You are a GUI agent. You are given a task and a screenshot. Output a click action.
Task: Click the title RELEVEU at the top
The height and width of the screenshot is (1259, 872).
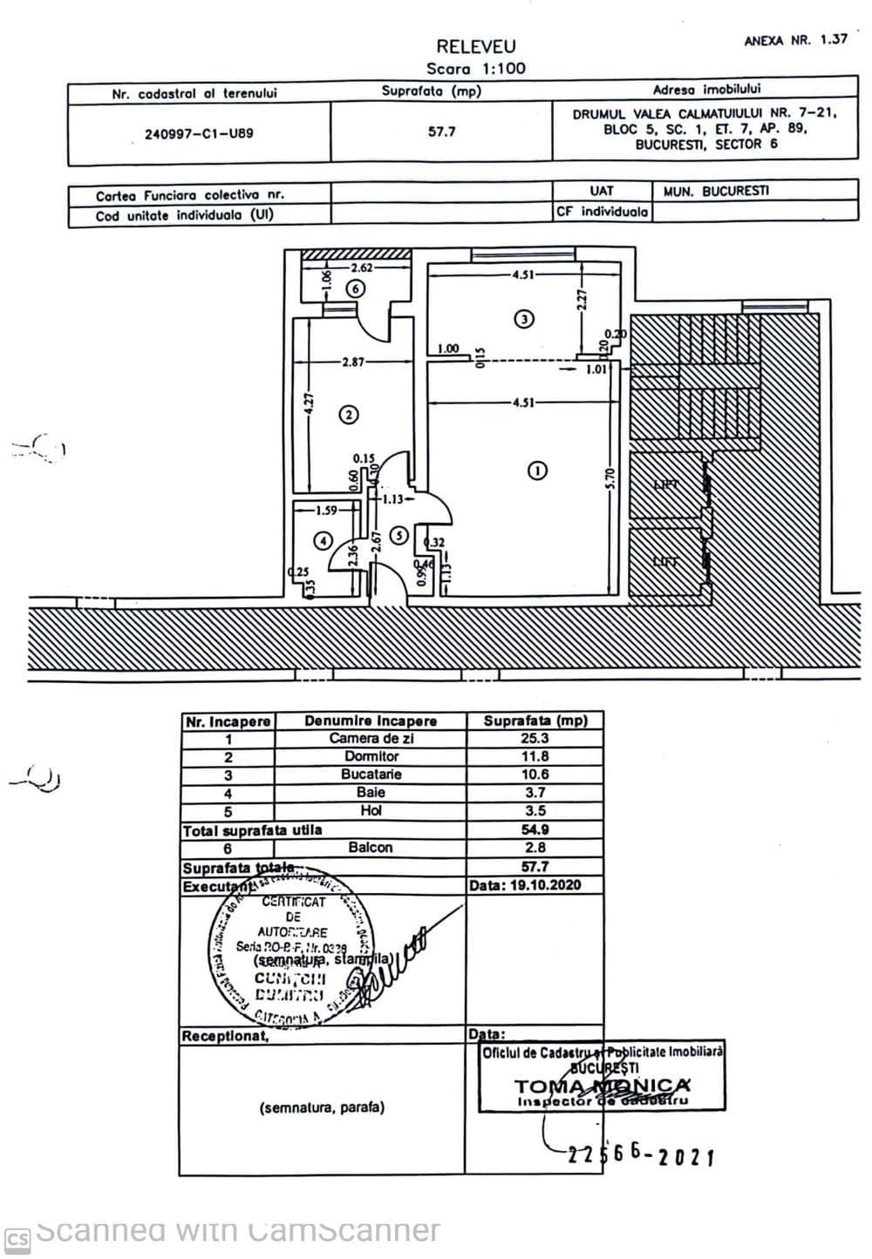pyautogui.click(x=475, y=47)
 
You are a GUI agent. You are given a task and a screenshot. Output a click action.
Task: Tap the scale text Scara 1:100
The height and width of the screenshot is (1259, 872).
pyautogui.click(x=475, y=69)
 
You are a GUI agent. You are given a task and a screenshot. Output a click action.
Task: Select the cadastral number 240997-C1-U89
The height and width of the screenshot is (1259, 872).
pyautogui.click(x=199, y=134)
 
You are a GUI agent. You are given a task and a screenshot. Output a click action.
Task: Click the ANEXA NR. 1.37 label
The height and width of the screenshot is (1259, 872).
pyautogui.click(x=795, y=40)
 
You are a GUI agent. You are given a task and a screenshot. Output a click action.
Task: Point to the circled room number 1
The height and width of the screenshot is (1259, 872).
pyautogui.click(x=538, y=470)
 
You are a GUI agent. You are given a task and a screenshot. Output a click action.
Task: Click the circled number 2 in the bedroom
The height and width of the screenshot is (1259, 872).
pyautogui.click(x=348, y=415)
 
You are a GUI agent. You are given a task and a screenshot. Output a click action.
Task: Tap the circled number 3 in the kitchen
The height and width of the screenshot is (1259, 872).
pyautogui.click(x=523, y=318)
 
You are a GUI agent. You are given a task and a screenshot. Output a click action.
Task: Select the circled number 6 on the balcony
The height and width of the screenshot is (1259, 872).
pyautogui.click(x=357, y=289)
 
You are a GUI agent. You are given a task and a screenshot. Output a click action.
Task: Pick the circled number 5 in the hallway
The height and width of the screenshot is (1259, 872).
pyautogui.click(x=398, y=535)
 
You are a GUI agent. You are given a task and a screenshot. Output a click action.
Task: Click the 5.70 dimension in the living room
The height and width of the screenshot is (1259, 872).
pyautogui.click(x=610, y=478)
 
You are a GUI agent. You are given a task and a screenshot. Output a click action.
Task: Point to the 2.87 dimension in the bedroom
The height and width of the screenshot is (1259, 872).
pyautogui.click(x=353, y=362)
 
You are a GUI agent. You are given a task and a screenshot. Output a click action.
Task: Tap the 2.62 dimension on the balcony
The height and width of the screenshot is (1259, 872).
pyautogui.click(x=362, y=267)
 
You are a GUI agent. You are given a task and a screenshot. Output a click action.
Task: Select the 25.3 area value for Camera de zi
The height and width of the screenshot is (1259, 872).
pyautogui.click(x=535, y=738)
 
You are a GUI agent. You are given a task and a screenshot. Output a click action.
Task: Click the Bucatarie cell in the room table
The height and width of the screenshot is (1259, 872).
pyautogui.click(x=371, y=775)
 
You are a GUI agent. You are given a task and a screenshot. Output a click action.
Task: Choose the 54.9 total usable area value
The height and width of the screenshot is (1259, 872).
pyautogui.click(x=535, y=829)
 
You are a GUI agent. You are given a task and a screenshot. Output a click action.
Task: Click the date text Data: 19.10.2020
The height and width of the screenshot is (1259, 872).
pyautogui.click(x=524, y=885)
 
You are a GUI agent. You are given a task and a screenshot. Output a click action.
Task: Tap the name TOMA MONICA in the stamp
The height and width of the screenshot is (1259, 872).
pyautogui.click(x=602, y=1086)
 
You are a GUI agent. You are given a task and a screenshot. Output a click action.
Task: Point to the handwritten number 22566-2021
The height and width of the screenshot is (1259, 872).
pyautogui.click(x=641, y=1154)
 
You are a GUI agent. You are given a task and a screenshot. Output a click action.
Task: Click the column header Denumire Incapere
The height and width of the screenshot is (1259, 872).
pyautogui.click(x=371, y=721)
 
